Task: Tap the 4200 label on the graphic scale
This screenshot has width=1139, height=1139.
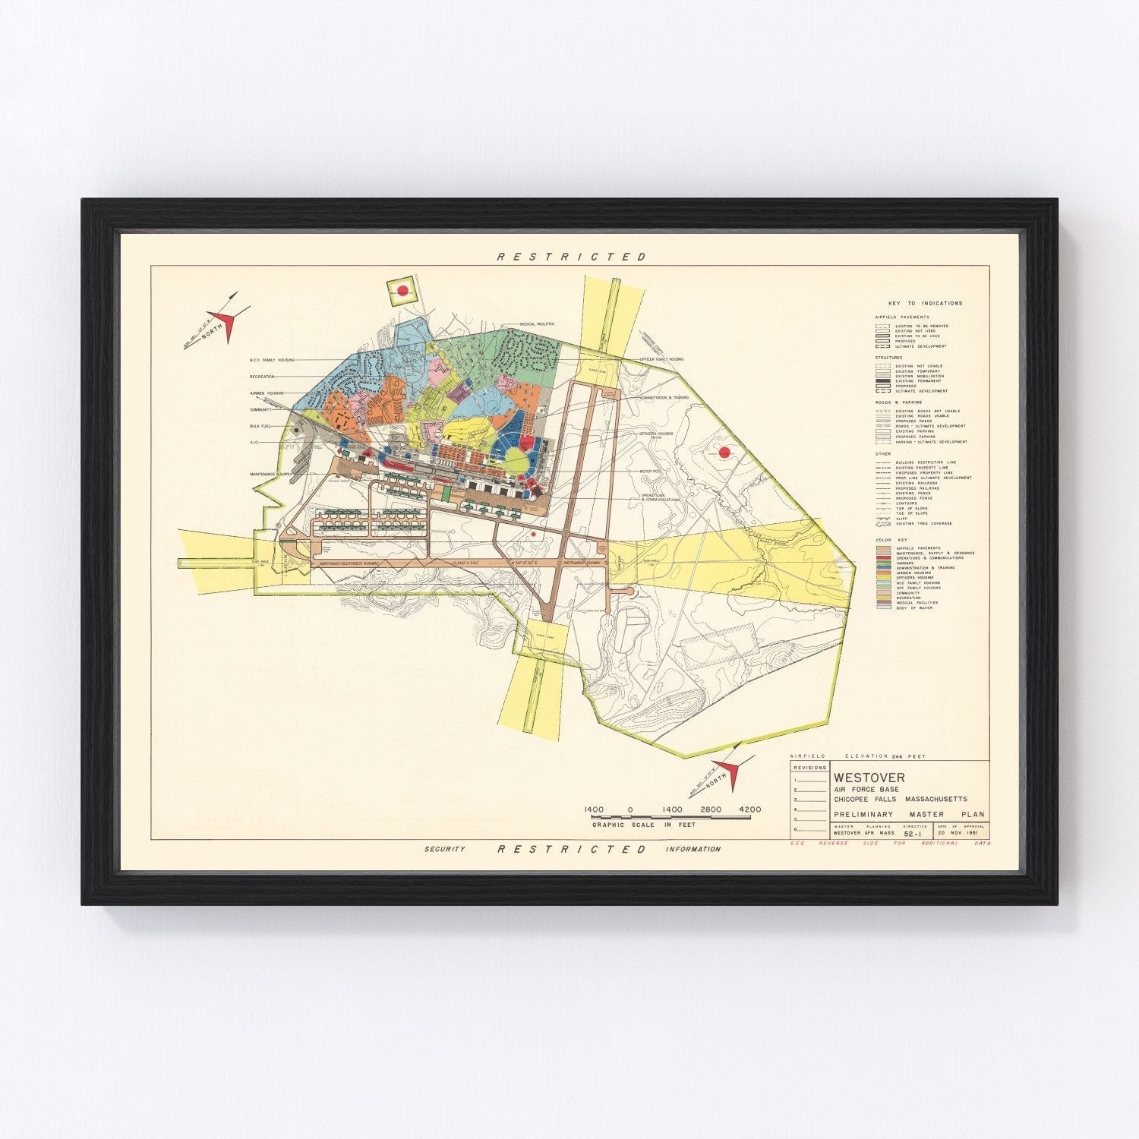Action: (749, 809)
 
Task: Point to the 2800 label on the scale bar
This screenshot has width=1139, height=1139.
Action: (711, 809)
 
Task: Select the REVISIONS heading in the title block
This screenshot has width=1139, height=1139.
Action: (809, 768)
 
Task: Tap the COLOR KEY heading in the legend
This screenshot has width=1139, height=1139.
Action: (891, 540)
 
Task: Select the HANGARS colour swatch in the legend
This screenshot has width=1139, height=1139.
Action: (882, 563)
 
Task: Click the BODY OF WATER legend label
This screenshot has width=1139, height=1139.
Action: (911, 607)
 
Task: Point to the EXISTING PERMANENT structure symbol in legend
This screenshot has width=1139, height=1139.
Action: (882, 381)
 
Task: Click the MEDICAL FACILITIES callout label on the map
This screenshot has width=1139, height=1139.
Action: (537, 323)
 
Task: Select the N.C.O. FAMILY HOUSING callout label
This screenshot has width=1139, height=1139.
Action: (271, 360)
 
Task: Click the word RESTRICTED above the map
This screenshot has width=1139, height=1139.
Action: (572, 257)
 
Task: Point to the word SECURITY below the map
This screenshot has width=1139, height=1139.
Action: (444, 849)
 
